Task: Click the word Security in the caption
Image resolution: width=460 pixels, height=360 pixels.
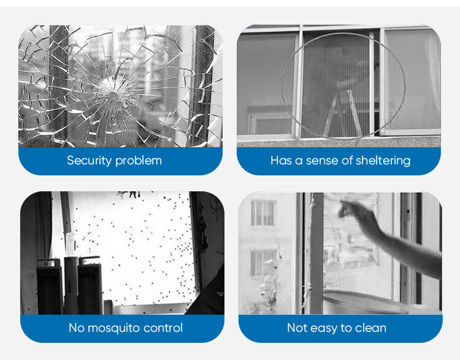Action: pyautogui.click(x=89, y=161)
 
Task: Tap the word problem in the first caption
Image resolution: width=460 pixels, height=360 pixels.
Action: pyautogui.click(x=138, y=161)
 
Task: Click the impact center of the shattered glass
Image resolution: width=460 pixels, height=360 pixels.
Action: pyautogui.click(x=112, y=95)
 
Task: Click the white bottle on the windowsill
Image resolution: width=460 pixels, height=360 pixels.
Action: pyautogui.click(x=71, y=244)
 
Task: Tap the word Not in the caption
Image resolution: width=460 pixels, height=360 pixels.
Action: pyautogui.click(x=297, y=327)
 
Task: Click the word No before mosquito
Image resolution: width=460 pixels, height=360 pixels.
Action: pyautogui.click(x=76, y=327)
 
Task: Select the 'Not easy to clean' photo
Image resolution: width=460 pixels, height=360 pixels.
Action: pyautogui.click(x=340, y=253)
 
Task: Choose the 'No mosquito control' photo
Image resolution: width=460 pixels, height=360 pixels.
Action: pyautogui.click(x=122, y=253)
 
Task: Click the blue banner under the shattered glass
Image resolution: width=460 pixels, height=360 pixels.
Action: pyautogui.click(x=120, y=161)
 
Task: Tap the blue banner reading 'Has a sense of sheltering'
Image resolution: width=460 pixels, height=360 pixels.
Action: pyautogui.click(x=339, y=161)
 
